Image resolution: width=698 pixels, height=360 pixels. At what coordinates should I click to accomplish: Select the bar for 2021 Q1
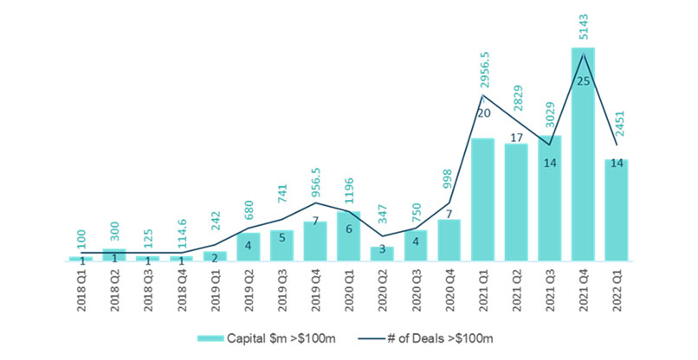(x=482, y=199)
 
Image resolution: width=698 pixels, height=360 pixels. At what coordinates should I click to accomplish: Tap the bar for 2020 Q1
(x=348, y=235)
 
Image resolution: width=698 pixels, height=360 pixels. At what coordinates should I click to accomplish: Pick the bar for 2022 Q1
(x=617, y=209)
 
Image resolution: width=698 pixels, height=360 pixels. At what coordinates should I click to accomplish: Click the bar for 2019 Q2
(x=248, y=247)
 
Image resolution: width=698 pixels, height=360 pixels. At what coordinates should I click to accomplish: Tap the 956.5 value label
(x=315, y=194)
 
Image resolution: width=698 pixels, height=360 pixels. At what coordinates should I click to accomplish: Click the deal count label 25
(x=583, y=81)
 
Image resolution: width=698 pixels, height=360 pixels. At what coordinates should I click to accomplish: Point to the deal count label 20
(x=483, y=113)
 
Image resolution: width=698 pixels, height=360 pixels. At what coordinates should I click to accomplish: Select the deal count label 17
(x=516, y=138)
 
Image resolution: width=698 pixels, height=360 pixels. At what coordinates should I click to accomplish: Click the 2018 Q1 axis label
(x=81, y=289)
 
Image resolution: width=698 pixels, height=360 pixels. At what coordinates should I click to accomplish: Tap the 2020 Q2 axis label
(x=382, y=289)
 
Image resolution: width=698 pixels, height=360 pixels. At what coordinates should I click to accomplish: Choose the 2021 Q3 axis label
(x=550, y=289)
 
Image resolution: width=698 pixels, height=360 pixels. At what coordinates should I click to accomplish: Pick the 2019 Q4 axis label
(x=315, y=289)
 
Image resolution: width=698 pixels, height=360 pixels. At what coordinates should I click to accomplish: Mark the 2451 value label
(x=617, y=129)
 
